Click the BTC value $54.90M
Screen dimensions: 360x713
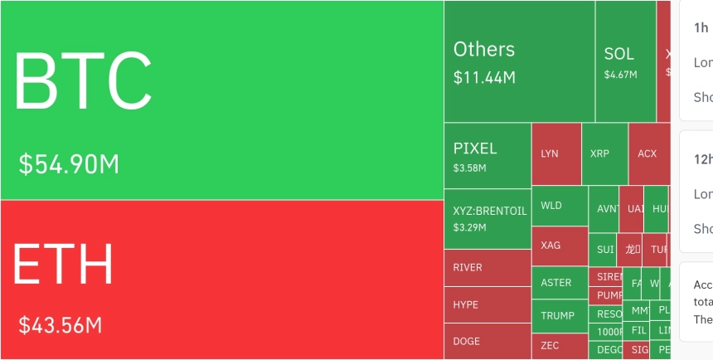tap(70, 164)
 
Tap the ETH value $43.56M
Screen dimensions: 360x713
tap(61, 324)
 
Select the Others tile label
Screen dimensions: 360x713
tap(484, 49)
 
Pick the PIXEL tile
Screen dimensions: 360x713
tap(487, 155)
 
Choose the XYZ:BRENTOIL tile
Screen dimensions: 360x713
tap(487, 218)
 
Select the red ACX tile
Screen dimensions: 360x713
tap(648, 153)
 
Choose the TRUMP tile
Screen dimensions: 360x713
tap(559, 316)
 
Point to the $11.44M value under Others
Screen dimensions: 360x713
tap(484, 78)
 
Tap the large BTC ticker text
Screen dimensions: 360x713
tap(83, 80)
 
